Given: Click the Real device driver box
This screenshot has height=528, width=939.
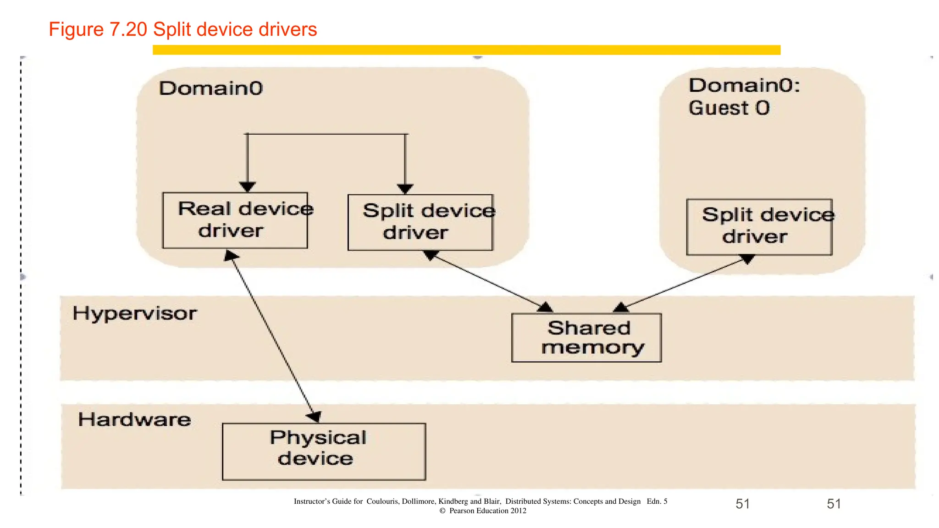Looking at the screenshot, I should [x=235, y=220].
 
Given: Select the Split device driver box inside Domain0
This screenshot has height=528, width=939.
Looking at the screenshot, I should [x=420, y=222].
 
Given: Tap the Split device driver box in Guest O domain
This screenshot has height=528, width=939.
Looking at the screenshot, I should [x=759, y=227].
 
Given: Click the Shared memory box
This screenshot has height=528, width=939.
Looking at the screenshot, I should [x=586, y=338].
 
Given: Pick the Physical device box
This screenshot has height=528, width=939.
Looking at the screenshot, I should [x=324, y=451].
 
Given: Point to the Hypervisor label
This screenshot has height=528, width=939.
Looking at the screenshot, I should [x=134, y=314].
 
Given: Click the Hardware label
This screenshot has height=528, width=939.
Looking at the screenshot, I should [x=134, y=420].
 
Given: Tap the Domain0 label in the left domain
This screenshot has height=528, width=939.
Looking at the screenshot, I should [x=211, y=88].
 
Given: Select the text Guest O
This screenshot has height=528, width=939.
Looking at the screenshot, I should [x=729, y=109].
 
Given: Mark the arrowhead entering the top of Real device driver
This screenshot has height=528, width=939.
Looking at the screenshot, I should [x=248, y=187].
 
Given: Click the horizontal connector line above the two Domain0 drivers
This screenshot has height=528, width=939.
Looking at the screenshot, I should [x=326, y=134].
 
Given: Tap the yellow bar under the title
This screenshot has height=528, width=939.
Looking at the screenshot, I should [x=466, y=50].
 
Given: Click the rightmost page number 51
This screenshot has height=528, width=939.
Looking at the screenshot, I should [x=834, y=504].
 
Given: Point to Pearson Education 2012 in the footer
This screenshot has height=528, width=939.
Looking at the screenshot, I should [x=487, y=511].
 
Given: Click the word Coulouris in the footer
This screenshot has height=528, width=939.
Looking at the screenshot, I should [x=382, y=501].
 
